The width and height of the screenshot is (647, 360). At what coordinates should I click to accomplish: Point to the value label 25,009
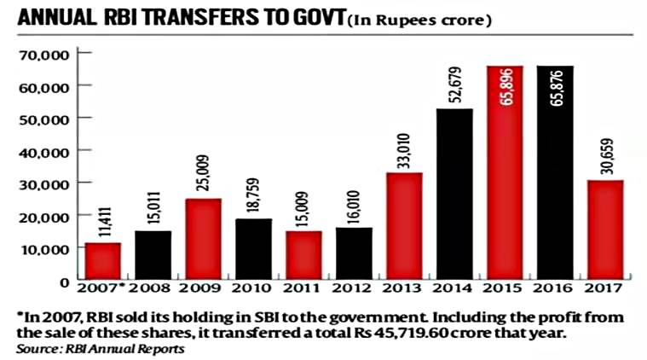(x=203, y=174)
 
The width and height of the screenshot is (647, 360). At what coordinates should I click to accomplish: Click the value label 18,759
(x=252, y=195)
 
